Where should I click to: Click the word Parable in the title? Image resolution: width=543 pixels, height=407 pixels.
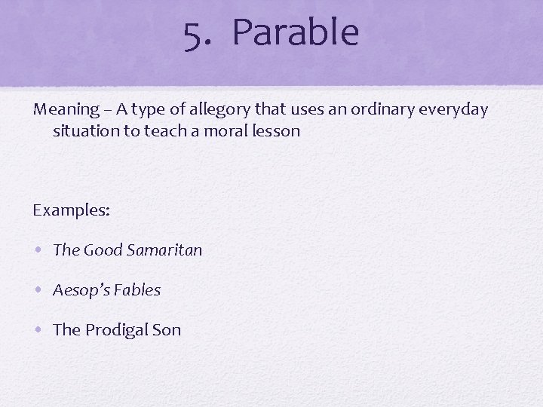pyautogui.click(x=296, y=33)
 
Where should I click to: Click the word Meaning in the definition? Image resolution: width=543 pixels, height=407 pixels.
pyautogui.click(x=66, y=110)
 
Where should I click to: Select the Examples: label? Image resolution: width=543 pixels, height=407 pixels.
pyautogui.click(x=71, y=210)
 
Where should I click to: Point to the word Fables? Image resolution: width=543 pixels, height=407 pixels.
pyautogui.click(x=138, y=290)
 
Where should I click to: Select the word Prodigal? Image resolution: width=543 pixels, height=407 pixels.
pyautogui.click(x=117, y=330)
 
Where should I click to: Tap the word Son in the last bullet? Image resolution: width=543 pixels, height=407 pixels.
pyautogui.click(x=167, y=330)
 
